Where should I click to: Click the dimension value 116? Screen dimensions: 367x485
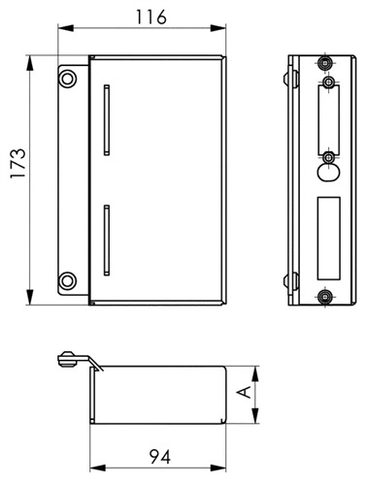150,17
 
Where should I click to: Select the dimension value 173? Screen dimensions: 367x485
17,163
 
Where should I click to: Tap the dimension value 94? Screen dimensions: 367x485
160,457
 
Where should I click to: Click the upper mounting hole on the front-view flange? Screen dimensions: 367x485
68,79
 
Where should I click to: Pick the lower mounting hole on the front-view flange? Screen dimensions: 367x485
68,280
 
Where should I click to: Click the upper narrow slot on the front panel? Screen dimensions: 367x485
107,120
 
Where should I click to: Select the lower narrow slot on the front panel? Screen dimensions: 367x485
107,241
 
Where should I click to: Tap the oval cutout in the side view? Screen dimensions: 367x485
328,172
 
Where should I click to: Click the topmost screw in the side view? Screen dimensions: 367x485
324,63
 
